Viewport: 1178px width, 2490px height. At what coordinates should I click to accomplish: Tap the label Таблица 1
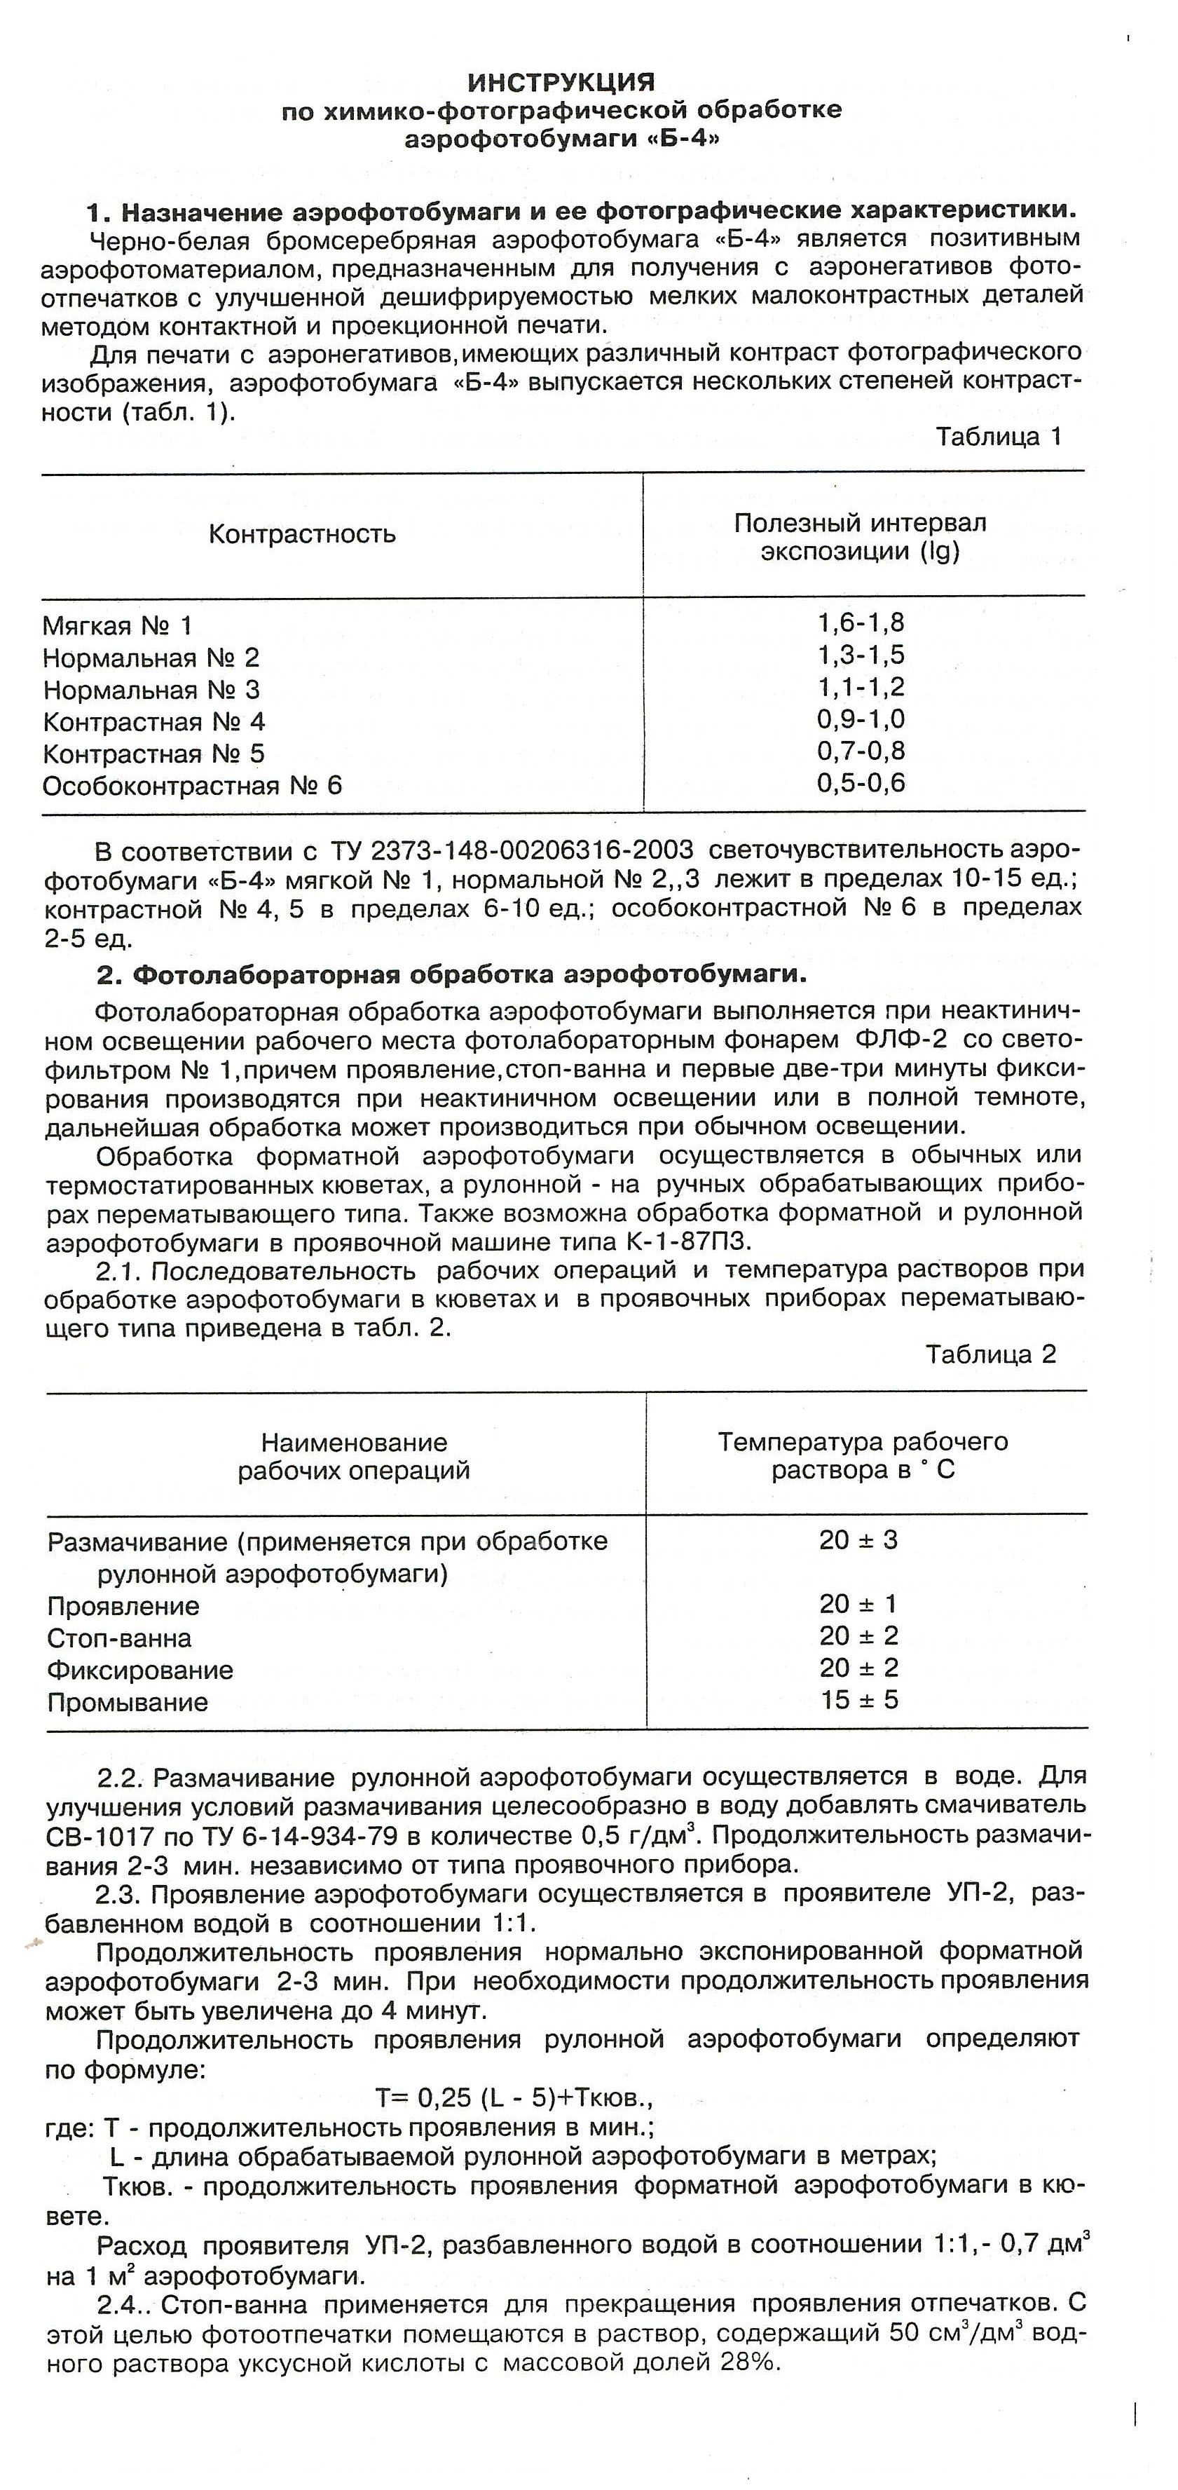pyautogui.click(x=999, y=437)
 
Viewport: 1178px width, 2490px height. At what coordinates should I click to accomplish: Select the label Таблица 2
pyautogui.click(x=990, y=1354)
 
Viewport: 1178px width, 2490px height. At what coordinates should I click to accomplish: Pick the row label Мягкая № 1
pyautogui.click(x=117, y=627)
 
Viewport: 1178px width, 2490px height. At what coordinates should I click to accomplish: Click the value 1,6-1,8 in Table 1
pyautogui.click(x=860, y=622)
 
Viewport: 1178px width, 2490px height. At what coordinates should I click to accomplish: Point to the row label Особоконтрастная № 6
pyautogui.click(x=191, y=785)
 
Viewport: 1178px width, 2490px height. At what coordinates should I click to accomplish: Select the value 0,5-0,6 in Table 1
pyautogui.click(x=860, y=783)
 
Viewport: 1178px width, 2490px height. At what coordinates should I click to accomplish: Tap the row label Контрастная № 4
pyautogui.click(x=153, y=722)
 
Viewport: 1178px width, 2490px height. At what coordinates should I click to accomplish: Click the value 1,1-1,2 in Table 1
pyautogui.click(x=860, y=687)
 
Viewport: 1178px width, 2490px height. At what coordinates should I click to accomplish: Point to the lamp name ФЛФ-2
pyautogui.click(x=900, y=1040)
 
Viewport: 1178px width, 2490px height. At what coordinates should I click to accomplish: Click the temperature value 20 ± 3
pyautogui.click(x=858, y=1540)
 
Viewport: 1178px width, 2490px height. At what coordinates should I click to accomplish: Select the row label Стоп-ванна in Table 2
pyautogui.click(x=119, y=1638)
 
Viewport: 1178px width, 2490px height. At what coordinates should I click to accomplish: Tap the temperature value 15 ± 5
pyautogui.click(x=859, y=1699)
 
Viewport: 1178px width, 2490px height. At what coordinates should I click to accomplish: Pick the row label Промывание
pyautogui.click(x=128, y=1702)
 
